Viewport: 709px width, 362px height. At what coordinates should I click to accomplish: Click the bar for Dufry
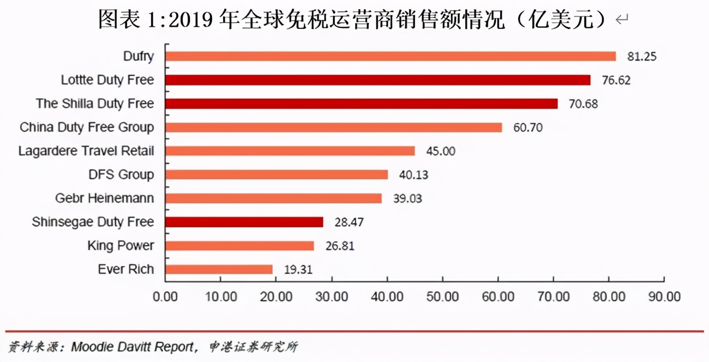point(390,56)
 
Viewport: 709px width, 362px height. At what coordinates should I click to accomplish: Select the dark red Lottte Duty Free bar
point(377,80)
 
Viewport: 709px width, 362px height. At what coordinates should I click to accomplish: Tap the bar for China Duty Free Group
point(333,128)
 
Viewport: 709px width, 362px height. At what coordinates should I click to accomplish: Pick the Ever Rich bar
point(219,269)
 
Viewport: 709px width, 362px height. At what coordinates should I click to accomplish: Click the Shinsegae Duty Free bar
point(244,222)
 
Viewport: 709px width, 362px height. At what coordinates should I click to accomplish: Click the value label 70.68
point(583,104)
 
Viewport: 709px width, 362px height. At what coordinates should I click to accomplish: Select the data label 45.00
point(441,151)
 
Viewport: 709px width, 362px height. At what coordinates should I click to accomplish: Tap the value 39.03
point(407,198)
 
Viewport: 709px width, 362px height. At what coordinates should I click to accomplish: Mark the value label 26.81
point(340,246)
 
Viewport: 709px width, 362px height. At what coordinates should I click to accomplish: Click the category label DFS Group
point(121,175)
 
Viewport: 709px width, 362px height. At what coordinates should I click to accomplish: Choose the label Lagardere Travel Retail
point(86,151)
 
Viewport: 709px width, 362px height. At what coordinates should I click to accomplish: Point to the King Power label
point(121,246)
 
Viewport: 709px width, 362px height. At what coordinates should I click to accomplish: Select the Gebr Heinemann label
point(105,198)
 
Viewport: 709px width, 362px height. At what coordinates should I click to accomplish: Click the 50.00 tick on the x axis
point(442,297)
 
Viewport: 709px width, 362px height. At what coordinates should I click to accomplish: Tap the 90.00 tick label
point(664,297)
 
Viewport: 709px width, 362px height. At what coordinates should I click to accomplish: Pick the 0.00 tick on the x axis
point(165,297)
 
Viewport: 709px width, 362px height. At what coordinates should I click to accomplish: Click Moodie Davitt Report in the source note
point(133,347)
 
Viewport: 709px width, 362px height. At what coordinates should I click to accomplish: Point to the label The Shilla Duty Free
point(95,104)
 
